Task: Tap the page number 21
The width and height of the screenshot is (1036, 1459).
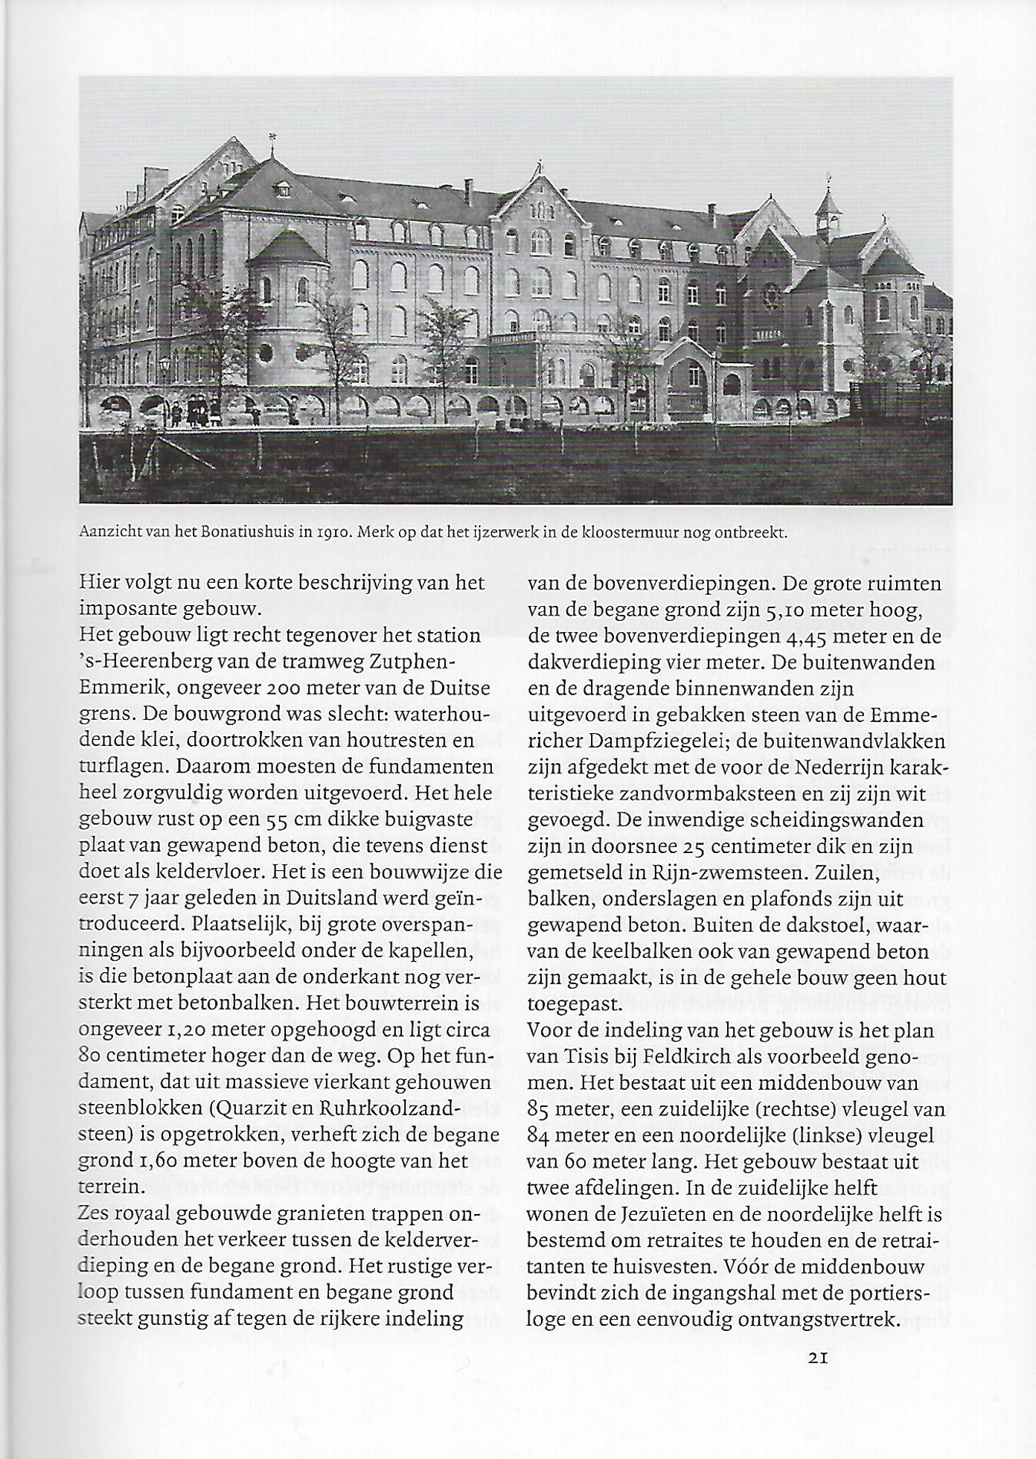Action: (818, 1356)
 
